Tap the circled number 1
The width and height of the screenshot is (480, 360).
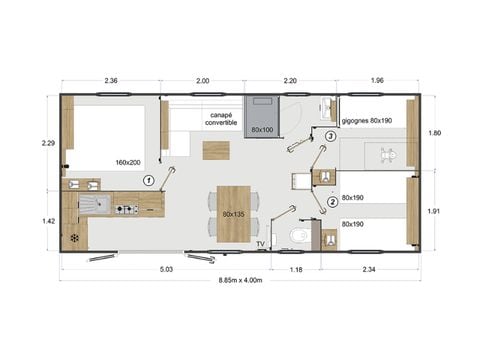click(x=148, y=180)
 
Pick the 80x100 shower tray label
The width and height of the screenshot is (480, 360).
click(x=263, y=130)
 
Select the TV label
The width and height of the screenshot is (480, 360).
click(x=260, y=244)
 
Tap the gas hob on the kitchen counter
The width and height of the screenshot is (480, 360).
click(x=126, y=210)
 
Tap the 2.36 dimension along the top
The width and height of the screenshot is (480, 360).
click(x=112, y=80)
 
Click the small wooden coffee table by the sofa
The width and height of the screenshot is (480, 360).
click(x=213, y=151)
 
